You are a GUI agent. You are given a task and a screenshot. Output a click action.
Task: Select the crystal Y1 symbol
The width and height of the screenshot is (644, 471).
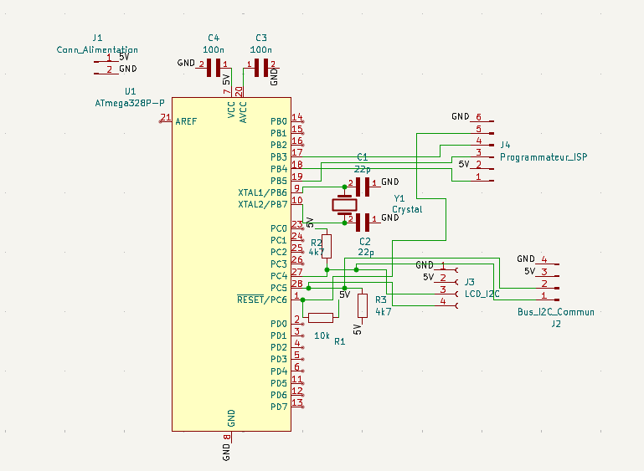point(344,204)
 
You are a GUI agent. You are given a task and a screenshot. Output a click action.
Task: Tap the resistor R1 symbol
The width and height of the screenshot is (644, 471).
point(321,317)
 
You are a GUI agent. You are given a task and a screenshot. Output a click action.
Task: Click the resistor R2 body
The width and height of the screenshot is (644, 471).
point(327,246)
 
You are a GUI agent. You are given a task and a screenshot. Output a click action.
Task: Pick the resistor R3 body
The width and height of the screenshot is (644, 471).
point(362,305)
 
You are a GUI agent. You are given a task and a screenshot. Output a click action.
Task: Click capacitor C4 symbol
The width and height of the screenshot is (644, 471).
point(214,67)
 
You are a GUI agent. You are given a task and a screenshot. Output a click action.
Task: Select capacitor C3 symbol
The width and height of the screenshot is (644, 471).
point(260,67)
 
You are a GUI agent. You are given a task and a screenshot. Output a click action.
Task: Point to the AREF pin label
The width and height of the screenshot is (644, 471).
point(187,121)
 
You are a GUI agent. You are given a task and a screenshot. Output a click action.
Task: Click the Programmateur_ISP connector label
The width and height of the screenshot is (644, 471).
point(544,157)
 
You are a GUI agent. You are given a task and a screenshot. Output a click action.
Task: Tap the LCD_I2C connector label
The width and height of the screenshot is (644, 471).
point(482,294)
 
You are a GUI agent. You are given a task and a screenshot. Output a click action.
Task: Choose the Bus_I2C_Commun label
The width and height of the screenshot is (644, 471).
point(556,312)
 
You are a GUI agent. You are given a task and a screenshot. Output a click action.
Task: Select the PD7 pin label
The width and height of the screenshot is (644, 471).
point(279,407)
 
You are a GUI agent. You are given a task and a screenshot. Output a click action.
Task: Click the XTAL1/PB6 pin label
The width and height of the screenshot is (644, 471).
point(263,192)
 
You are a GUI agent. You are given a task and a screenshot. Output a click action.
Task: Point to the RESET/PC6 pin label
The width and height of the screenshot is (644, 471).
point(262,299)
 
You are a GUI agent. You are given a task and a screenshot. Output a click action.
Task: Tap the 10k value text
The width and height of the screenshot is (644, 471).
point(322,335)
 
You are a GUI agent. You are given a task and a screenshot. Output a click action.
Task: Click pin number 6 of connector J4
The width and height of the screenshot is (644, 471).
point(478,117)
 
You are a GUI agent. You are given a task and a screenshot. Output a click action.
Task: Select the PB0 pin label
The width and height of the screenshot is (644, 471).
point(279,121)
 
